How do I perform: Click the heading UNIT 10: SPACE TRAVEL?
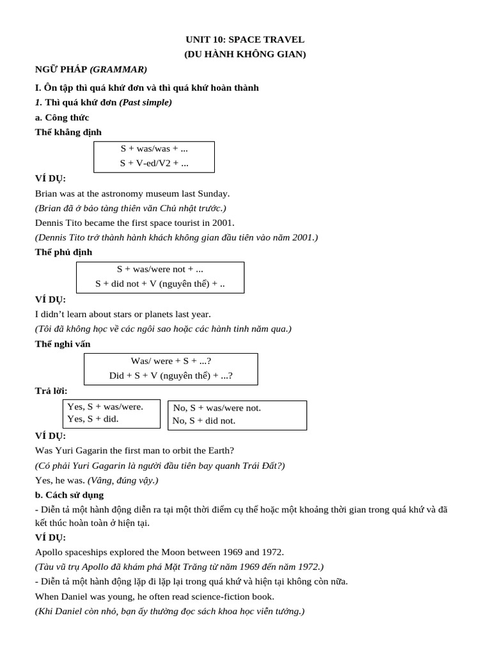pos(245,40)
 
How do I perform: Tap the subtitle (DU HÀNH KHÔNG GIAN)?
pos(245,54)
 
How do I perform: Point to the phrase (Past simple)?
pos(145,102)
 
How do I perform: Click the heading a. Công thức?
pos(62,118)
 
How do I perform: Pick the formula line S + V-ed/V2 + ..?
pos(154,164)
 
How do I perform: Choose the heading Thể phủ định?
pos(63,252)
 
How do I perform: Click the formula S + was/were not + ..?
pos(160,269)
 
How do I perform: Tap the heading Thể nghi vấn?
pos(63,344)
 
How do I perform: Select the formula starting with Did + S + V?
pos(171,376)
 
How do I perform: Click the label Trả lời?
pos(51,391)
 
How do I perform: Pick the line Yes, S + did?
pos(93,419)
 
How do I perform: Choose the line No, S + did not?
pos(204,421)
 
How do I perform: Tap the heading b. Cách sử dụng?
pos(69,495)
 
